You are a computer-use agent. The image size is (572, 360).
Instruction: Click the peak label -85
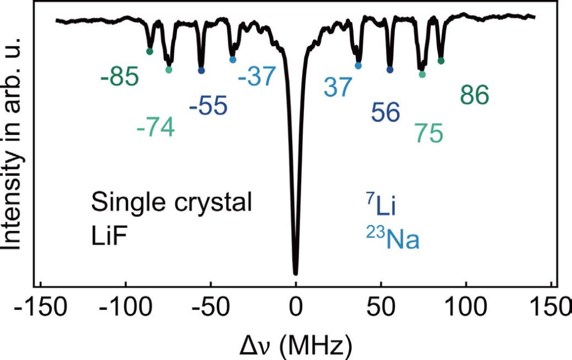pyautogui.click(x=120, y=77)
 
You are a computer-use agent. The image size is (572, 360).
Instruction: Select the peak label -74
pyautogui.click(x=155, y=128)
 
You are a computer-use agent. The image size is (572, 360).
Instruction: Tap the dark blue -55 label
pyautogui.click(x=208, y=106)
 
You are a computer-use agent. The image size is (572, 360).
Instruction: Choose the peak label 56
pyautogui.click(x=385, y=113)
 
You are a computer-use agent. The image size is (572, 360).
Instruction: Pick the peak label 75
pyautogui.click(x=429, y=133)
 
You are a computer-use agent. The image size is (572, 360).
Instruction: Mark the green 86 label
pyautogui.click(x=474, y=95)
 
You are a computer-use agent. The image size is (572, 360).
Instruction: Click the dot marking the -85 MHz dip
pyautogui.click(x=150, y=52)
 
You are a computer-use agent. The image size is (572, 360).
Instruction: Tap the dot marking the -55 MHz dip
pyautogui.click(x=201, y=70)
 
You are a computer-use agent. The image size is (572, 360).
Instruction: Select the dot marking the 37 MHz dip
pyautogui.click(x=358, y=66)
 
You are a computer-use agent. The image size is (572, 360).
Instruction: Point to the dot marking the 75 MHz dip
pyautogui.click(x=422, y=74)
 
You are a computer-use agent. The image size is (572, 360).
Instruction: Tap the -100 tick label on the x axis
pyautogui.click(x=126, y=309)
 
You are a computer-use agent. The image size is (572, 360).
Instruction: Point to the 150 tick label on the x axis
pyautogui.click(x=551, y=309)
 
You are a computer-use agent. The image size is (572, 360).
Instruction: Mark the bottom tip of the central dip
pyautogui.click(x=295, y=273)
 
